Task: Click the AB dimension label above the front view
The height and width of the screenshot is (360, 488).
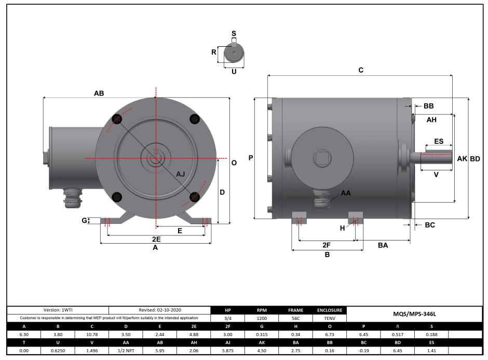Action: tap(99, 94)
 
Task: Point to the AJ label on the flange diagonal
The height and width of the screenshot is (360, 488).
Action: tap(181, 174)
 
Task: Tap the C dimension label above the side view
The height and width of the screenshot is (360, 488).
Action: tap(361, 70)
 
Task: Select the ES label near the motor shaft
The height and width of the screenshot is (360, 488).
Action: tap(438, 141)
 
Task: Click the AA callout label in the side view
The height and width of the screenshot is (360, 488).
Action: tap(345, 193)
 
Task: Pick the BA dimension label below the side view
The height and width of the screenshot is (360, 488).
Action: tap(383, 245)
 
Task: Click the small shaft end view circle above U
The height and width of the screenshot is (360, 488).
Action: tap(234, 52)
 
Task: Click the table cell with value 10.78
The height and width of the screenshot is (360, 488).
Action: tap(92, 335)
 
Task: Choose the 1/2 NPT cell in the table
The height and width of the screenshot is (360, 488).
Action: tap(126, 351)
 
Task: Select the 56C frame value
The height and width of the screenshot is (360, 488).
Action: tap(295, 318)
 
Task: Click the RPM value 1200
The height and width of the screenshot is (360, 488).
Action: tap(262, 318)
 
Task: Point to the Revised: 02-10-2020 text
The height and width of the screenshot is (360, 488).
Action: tap(160, 310)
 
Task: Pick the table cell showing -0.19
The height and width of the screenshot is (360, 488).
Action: tap(363, 351)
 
